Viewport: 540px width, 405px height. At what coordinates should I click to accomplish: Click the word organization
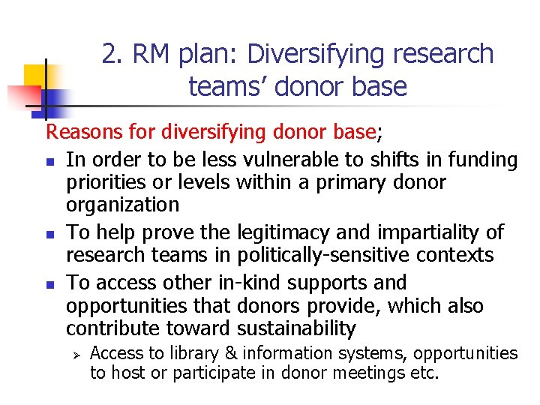(122, 205)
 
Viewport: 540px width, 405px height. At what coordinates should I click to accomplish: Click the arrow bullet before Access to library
(74, 353)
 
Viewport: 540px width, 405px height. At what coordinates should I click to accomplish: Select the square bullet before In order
(49, 160)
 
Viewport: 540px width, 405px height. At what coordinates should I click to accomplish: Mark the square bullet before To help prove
(49, 233)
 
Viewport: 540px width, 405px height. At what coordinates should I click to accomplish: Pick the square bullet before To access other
(49, 284)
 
